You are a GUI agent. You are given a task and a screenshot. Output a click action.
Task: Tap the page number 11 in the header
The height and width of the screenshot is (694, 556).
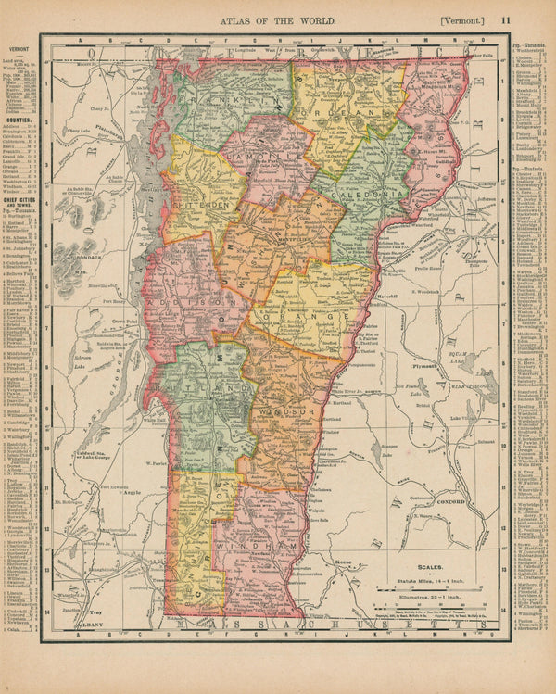[506, 18]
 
